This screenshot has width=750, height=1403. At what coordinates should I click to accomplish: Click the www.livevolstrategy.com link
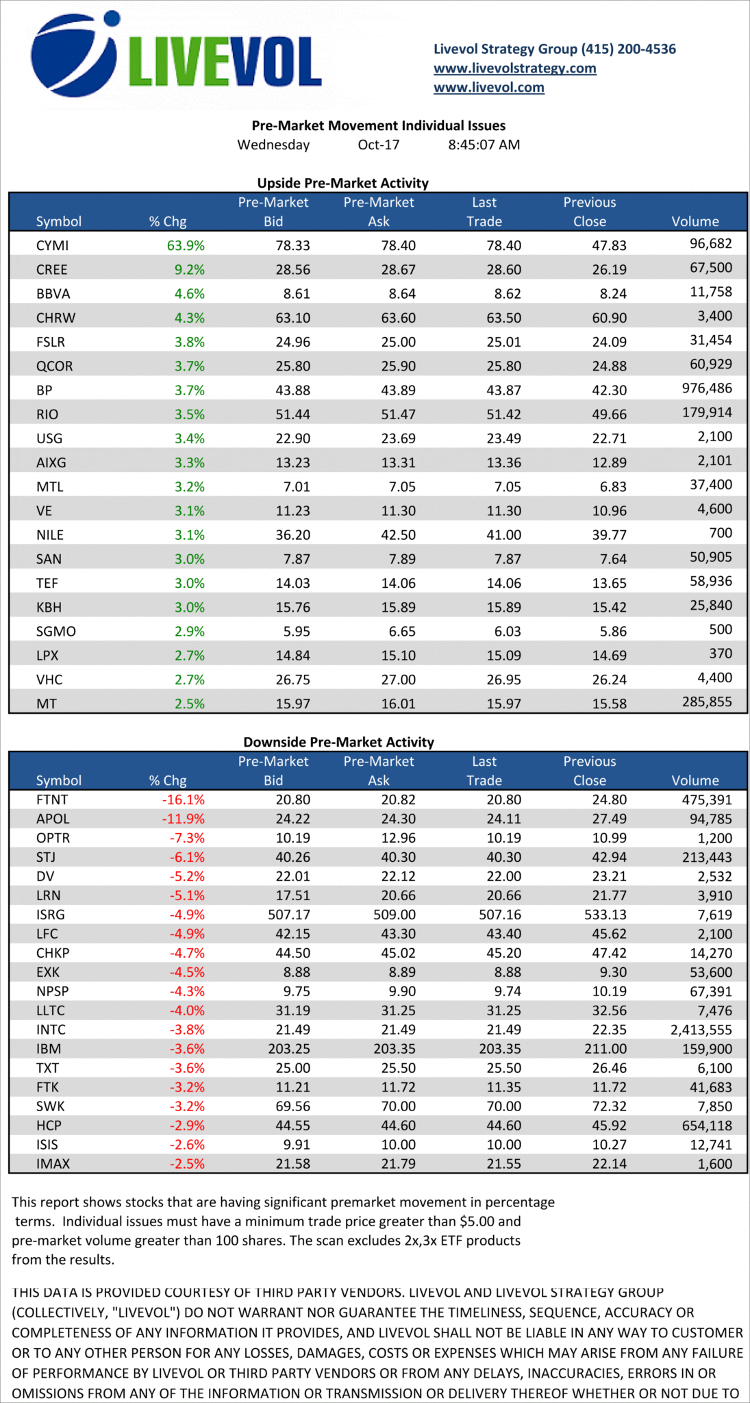point(514,69)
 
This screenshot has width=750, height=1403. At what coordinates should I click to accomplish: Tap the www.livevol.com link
point(488,88)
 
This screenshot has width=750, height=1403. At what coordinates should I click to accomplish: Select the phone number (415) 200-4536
point(628,49)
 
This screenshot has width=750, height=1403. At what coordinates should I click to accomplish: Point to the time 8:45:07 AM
point(484,145)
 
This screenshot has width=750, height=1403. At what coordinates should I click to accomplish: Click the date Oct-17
point(378,145)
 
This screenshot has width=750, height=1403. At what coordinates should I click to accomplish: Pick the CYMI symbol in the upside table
point(52,246)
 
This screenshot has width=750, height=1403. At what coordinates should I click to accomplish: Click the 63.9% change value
point(186,246)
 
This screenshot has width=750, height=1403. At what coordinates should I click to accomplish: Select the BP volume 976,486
point(707,388)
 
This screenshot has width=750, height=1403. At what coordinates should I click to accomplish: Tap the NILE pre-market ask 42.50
point(398,535)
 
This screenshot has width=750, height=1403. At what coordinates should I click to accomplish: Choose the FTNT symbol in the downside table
point(52,800)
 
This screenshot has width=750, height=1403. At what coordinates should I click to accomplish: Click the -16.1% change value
point(183,800)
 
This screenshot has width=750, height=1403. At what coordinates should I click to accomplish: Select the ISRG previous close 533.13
point(609,915)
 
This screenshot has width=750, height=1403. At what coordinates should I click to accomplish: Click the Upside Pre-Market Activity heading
point(342,184)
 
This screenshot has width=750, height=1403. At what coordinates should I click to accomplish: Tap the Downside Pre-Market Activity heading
point(338,743)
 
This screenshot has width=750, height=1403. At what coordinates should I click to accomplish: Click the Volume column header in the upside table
point(695,222)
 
